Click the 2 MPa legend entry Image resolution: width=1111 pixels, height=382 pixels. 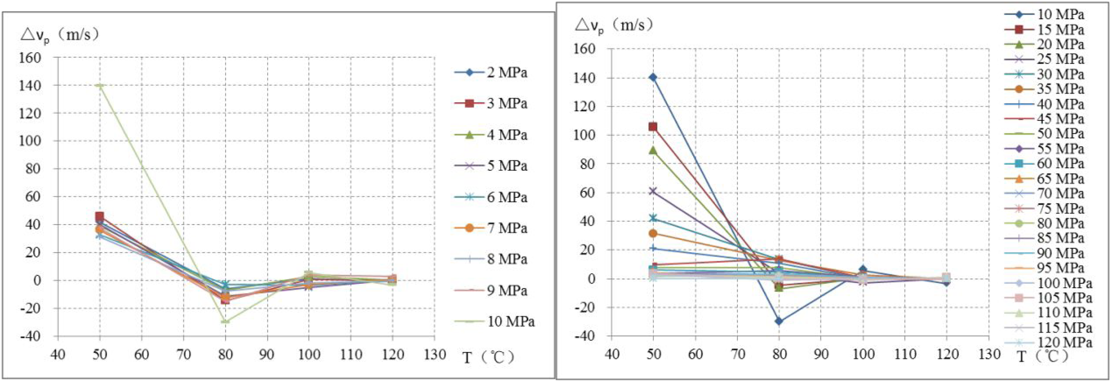pyautogui.click(x=490, y=72)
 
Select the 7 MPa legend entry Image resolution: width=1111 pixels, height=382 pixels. pyautogui.click(x=490, y=228)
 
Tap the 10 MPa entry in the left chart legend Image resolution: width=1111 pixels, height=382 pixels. pyautogui.click(x=494, y=322)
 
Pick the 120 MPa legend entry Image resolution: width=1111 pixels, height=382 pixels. pyautogui.click(x=1048, y=343)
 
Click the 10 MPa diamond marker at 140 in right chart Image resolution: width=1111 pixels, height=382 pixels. pyautogui.click(x=653, y=78)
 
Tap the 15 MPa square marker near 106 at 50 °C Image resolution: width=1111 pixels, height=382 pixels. pyautogui.click(x=653, y=127)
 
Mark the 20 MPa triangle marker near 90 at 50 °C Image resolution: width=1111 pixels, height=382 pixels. pyautogui.click(x=653, y=150)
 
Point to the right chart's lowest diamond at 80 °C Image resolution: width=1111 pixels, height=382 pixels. pyautogui.click(x=779, y=321)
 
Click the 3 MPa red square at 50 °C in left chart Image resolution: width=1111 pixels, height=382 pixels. pyautogui.click(x=100, y=216)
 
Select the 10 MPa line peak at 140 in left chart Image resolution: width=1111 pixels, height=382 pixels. pyautogui.click(x=100, y=85)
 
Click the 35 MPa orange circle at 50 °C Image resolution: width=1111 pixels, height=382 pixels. pyautogui.click(x=653, y=233)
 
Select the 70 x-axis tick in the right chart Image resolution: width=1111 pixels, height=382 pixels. pyautogui.click(x=737, y=354)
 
